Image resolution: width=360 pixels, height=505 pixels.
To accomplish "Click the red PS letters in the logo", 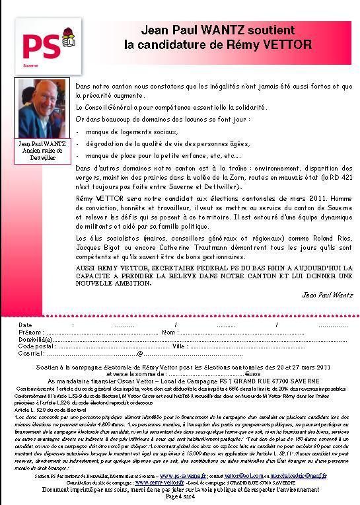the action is tap(41, 46).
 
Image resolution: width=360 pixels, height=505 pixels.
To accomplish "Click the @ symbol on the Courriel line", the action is tap(139, 354).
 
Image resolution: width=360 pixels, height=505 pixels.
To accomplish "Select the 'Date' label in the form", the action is tap(25, 325).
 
